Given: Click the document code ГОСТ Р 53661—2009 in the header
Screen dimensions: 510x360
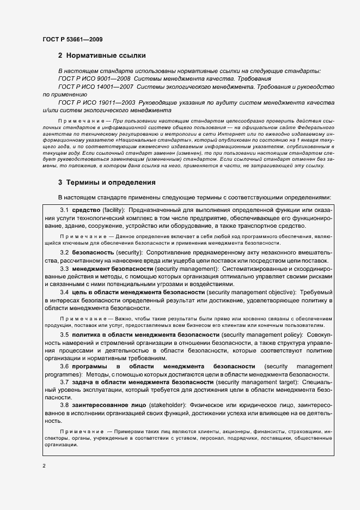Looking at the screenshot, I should (72, 39).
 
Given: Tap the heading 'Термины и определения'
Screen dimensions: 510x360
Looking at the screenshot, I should (111, 183).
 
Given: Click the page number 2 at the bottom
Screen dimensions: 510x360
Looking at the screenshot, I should (44, 465).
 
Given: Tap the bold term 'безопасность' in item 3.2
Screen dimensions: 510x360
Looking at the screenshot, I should (93, 253).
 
